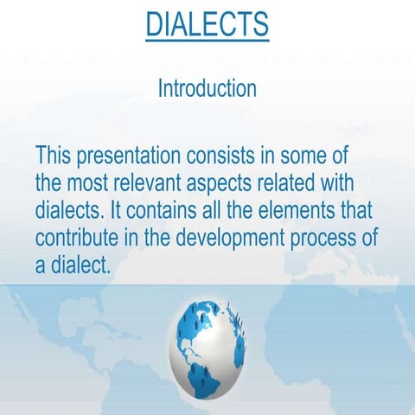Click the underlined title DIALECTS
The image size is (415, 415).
pos(207,24)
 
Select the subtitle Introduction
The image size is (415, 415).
pos(207,88)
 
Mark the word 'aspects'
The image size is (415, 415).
pos(243,185)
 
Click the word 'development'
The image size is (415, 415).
pos(246,239)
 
